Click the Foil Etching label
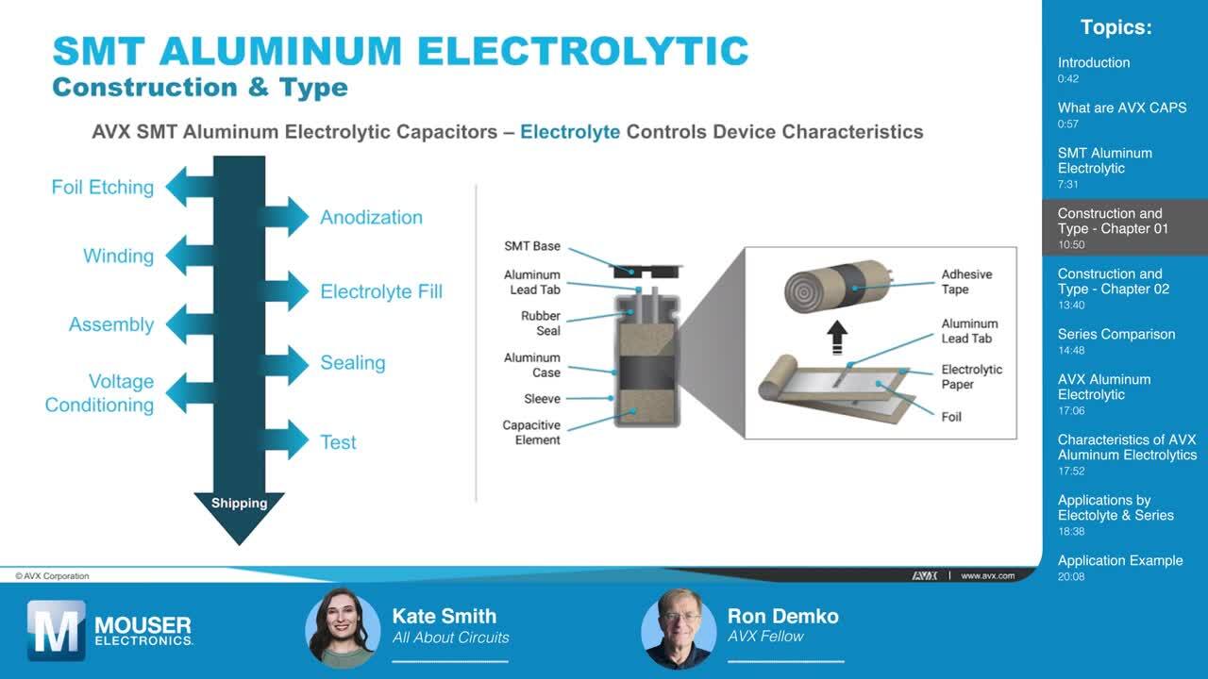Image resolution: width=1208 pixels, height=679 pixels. tap(102, 187)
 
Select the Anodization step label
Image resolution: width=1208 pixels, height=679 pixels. tap(371, 217)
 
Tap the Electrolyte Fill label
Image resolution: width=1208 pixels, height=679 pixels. tap(380, 291)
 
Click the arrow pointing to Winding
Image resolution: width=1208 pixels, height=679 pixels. tap(189, 256)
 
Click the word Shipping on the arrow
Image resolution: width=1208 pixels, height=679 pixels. tap(239, 504)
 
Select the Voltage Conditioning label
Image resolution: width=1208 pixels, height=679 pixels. tap(100, 393)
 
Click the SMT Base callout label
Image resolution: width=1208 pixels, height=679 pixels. tap(531, 246)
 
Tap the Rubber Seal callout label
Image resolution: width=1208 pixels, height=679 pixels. tap(540, 323)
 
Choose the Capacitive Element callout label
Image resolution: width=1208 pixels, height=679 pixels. tap(531, 433)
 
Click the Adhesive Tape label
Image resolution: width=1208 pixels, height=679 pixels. tap(966, 282)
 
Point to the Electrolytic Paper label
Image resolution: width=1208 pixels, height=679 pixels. tap(971, 376)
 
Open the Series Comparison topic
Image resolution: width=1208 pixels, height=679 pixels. tap(1116, 335)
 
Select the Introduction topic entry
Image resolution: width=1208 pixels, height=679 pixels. tap(1093, 63)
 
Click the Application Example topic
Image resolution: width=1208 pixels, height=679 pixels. tap(1119, 561)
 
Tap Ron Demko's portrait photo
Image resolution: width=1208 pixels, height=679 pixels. tap(679, 628)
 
